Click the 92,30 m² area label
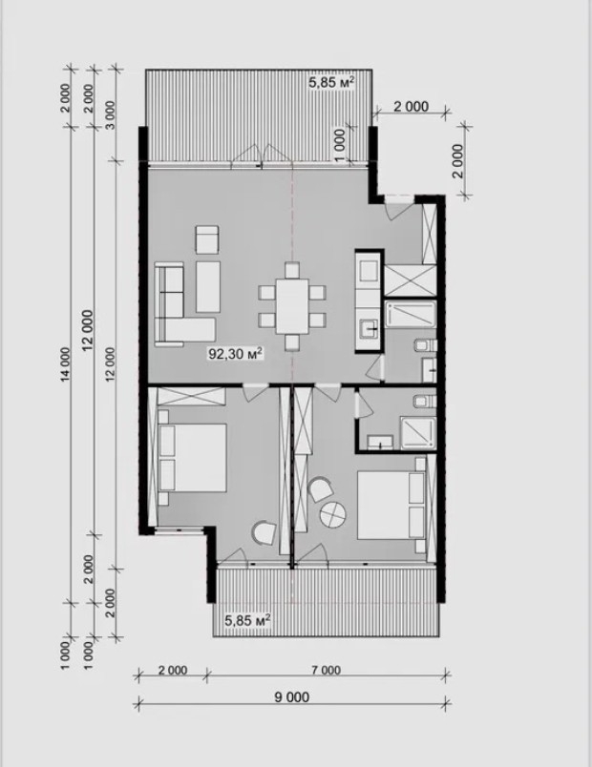tap(237, 353)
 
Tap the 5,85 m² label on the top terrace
tap(331, 82)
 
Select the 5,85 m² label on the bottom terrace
tap(247, 621)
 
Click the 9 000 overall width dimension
tap(292, 696)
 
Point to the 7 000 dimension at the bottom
tap(327, 670)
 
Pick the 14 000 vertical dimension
tap(66, 363)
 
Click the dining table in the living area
tap(292, 306)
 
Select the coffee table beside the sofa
tap(208, 286)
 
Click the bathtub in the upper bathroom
tap(411, 315)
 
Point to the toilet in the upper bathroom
tap(425, 346)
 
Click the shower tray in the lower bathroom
tap(417, 432)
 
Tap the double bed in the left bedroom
tap(193, 458)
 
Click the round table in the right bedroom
tap(333, 514)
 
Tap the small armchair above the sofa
tap(207, 239)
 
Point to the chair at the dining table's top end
tap(292, 270)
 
